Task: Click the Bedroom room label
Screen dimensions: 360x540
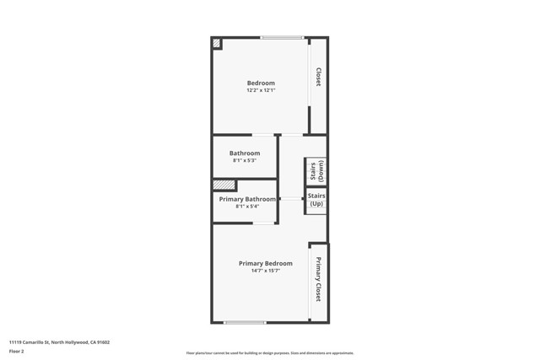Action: click(x=261, y=83)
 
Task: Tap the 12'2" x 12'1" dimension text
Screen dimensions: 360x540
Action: click(x=261, y=90)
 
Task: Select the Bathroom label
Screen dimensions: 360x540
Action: click(x=245, y=153)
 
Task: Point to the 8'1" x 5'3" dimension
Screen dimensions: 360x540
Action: click(x=245, y=160)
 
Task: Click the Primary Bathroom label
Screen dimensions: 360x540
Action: click(x=247, y=199)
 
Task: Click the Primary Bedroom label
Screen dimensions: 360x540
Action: click(x=266, y=263)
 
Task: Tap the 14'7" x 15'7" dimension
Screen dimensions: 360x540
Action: click(x=266, y=271)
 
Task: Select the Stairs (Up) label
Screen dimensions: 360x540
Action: click(x=316, y=200)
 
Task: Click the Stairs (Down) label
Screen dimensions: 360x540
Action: click(x=316, y=172)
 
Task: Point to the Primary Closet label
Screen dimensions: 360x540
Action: click(x=318, y=279)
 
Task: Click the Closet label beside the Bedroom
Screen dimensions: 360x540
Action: click(x=318, y=77)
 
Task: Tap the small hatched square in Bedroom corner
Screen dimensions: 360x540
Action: click(x=217, y=43)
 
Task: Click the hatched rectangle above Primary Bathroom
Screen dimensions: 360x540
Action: click(x=224, y=185)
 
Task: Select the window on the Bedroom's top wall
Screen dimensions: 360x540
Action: click(x=281, y=37)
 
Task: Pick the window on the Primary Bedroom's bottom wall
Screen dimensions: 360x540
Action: click(x=245, y=322)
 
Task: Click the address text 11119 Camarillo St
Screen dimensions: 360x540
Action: click(x=59, y=342)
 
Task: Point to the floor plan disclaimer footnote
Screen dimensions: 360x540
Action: click(x=270, y=353)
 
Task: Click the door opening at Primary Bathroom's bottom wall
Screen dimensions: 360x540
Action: click(x=264, y=223)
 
